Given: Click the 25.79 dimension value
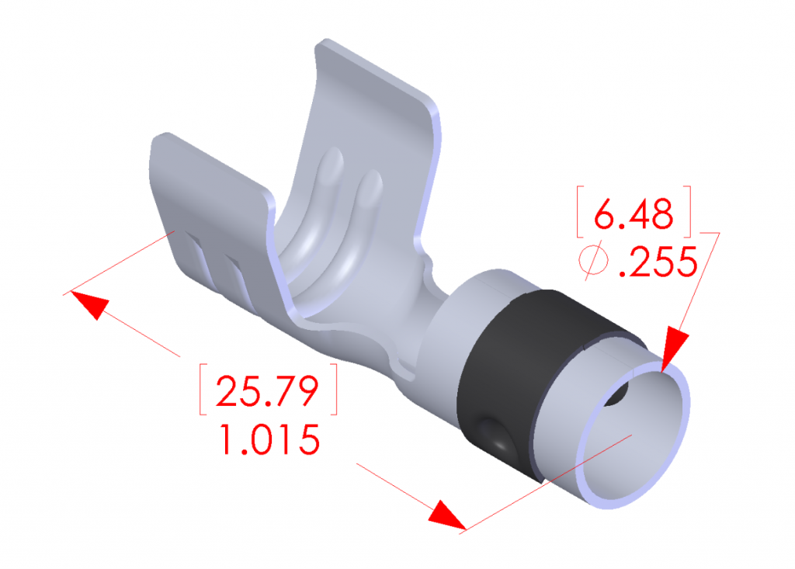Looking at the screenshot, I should pyautogui.click(x=268, y=391).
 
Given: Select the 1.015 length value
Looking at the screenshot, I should pyautogui.click(x=269, y=440).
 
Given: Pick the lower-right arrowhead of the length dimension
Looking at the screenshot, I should pyautogui.click(x=448, y=515).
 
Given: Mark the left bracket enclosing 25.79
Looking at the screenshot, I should pyautogui.click(x=204, y=388).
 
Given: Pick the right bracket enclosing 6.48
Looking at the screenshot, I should pyautogui.click(x=688, y=212).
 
